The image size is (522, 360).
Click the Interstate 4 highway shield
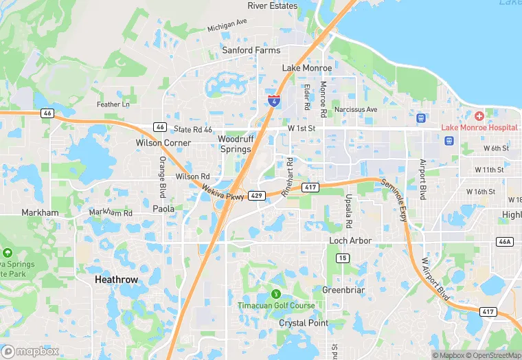[x=274, y=101]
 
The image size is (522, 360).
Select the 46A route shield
[x=505, y=242]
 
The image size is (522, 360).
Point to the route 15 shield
[x=341, y=258]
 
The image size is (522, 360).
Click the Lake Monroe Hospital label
[x=479, y=128]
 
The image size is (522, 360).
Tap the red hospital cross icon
[x=479, y=116]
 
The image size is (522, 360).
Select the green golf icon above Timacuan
[x=277, y=294]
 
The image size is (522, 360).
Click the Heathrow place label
[x=116, y=280]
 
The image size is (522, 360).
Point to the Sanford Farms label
[x=251, y=50]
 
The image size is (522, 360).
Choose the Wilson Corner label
[x=163, y=143]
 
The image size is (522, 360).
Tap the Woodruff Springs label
[x=236, y=144]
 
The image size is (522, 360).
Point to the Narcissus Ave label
[x=356, y=109]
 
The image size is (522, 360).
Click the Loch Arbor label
[x=350, y=240]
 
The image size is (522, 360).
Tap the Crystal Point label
[x=304, y=323]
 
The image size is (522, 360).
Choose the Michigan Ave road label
[x=227, y=25]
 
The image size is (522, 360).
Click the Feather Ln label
[x=113, y=104]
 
